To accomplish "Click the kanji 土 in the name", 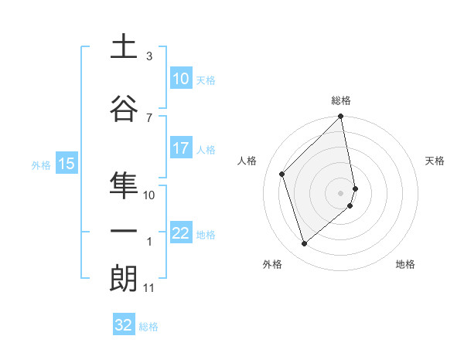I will [x=123, y=48].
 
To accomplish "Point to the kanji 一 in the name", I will [x=123, y=232].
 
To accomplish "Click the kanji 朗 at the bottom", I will [x=123, y=279].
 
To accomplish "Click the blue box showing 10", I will [x=180, y=79].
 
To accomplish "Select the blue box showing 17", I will [x=180, y=148].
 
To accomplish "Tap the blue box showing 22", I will [x=180, y=233].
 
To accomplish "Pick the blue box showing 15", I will [x=66, y=164].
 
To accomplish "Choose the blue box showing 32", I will [x=124, y=325].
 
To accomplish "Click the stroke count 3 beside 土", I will [x=149, y=56].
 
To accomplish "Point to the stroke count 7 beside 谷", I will [x=149, y=117].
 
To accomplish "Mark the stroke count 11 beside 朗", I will [x=148, y=288].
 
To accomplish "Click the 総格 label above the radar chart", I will [x=341, y=100].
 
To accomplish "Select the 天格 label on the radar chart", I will [x=435, y=161].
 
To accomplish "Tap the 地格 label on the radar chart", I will [x=405, y=264].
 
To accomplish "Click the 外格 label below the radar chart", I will [x=272, y=264].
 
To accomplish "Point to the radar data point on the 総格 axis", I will [x=341, y=117].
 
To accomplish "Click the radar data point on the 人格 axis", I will [x=282, y=174].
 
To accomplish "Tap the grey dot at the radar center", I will [x=341, y=192].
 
